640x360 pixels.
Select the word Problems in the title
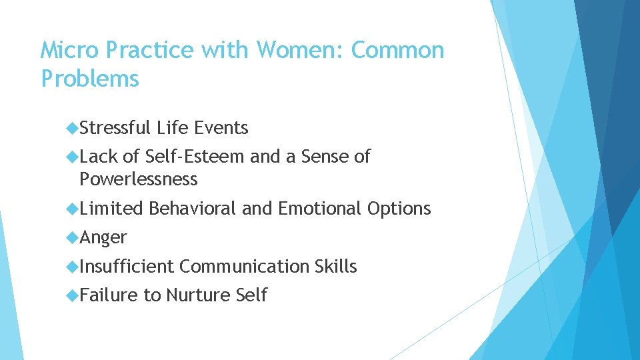(x=90, y=79)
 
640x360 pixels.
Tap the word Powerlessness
(x=138, y=179)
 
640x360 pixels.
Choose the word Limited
(x=111, y=209)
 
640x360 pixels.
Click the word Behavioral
(x=193, y=209)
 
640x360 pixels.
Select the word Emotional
(x=319, y=209)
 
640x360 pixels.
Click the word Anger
(x=103, y=238)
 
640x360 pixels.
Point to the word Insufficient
(x=126, y=267)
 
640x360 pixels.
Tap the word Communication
(x=244, y=267)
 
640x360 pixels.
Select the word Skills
(x=335, y=267)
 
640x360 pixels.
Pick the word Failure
(x=109, y=295)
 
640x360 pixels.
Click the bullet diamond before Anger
(x=73, y=237)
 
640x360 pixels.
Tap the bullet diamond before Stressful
(x=73, y=127)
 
